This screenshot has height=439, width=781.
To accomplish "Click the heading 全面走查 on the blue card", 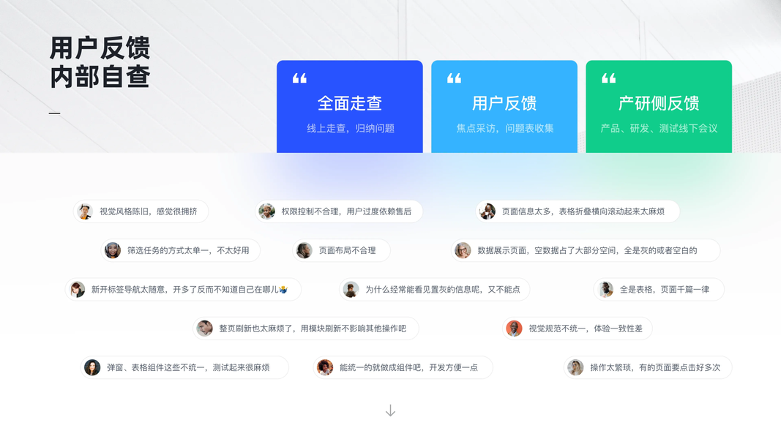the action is (x=349, y=103).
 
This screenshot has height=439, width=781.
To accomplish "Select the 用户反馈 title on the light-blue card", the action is (x=504, y=103).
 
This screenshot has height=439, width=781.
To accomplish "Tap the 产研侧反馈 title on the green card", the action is (x=658, y=103).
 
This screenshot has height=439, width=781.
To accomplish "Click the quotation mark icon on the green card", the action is (x=608, y=78).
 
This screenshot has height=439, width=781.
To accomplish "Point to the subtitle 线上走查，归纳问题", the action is (x=350, y=128).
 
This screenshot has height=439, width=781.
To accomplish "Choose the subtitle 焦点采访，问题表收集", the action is (x=504, y=128).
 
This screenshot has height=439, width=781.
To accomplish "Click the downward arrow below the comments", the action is (x=390, y=410).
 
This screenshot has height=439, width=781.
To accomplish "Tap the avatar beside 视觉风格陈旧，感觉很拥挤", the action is (x=86, y=211).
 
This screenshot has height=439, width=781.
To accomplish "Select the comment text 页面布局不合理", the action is (x=347, y=250).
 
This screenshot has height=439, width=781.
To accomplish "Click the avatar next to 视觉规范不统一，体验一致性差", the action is (x=515, y=329).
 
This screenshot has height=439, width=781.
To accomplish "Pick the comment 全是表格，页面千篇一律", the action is (x=664, y=289).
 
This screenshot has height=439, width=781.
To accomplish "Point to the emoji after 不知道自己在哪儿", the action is (x=283, y=290).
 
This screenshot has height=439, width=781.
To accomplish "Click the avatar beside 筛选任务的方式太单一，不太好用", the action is (x=113, y=250).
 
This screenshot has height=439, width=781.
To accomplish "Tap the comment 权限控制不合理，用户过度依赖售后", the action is (x=346, y=211).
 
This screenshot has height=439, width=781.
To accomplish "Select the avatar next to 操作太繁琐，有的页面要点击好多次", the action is (x=576, y=367).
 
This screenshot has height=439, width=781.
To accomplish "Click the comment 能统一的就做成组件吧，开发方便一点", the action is (x=408, y=367).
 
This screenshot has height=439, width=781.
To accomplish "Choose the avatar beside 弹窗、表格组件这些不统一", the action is (x=92, y=367).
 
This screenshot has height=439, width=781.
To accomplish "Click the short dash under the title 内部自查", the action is (x=54, y=113).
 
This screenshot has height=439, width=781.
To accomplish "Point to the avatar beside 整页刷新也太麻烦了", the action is (x=205, y=329).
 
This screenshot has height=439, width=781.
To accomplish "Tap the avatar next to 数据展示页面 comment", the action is (x=463, y=250).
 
